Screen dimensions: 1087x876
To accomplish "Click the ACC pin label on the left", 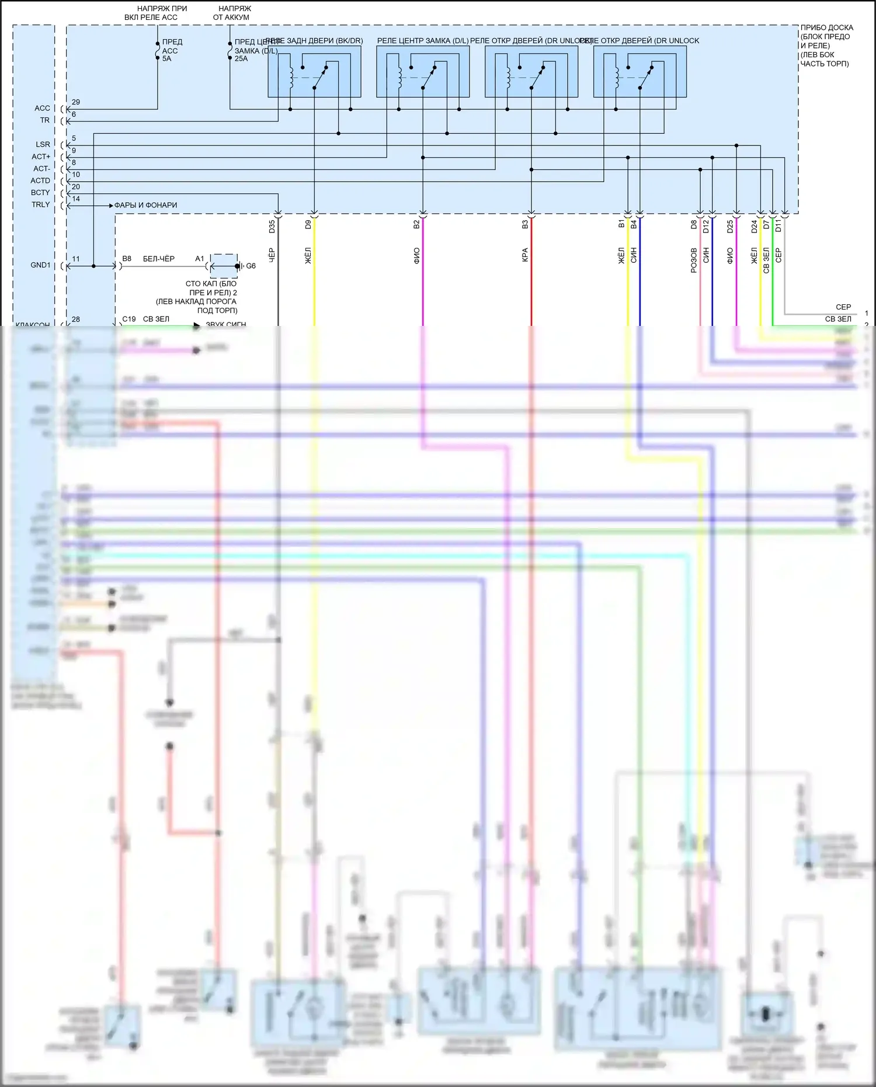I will pos(42,108).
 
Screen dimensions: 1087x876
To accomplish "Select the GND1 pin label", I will pos(40,265).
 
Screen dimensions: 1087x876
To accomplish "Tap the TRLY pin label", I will pos(40,205).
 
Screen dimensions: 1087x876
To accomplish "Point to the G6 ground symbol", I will pos(251,266).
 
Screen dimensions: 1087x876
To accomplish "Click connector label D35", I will pos(272,227).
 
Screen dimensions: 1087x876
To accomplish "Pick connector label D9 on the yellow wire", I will pos(308,224).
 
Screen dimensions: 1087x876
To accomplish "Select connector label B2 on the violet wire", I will pos(416,224).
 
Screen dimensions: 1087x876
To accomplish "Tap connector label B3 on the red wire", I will pos(525,224).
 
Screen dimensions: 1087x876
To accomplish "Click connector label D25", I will pos(730,227).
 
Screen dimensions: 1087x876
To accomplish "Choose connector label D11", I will pos(778,226).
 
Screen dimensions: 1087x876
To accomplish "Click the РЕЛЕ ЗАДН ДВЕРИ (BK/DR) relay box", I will pos(314,71).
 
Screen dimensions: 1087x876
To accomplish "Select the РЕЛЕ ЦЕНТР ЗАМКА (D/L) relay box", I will pos(423,71).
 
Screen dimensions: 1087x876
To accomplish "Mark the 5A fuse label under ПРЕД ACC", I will pos(167,59).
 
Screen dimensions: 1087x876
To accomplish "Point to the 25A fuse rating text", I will pos(241,59).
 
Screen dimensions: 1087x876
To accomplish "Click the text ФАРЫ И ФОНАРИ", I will pos(145,206).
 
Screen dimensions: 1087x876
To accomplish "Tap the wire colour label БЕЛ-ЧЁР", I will pos(159,259).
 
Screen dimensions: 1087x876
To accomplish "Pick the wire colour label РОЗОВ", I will pos(694,261).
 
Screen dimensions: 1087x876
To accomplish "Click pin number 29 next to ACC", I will pos(76,102).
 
